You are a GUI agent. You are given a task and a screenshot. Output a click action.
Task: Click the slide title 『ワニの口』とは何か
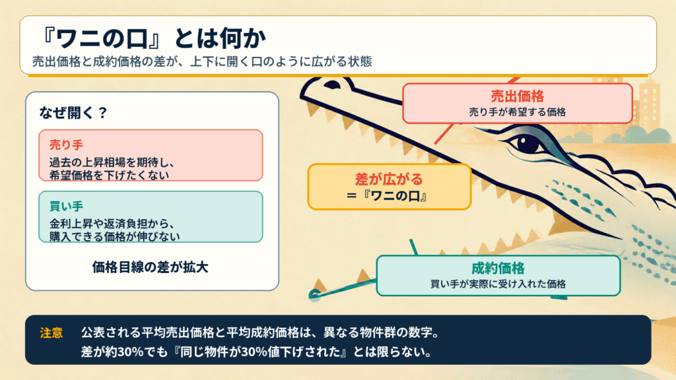click(153, 38)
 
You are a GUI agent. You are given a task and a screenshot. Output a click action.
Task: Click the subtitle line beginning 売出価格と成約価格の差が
click(202, 61)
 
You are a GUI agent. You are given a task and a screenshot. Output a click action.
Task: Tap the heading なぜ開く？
click(73, 113)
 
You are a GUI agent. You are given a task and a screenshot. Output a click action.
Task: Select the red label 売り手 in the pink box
click(66, 144)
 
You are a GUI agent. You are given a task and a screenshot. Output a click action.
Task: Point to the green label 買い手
click(66, 206)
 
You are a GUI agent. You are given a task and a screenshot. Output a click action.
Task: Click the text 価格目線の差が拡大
click(150, 267)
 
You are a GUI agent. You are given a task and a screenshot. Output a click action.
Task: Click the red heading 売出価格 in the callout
click(518, 96)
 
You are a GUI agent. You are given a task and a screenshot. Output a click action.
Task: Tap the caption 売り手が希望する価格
click(518, 112)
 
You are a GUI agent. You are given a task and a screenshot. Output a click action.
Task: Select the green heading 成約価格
click(498, 269)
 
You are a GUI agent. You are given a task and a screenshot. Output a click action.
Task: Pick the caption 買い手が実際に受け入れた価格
click(498, 284)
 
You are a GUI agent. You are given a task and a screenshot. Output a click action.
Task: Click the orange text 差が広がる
click(389, 179)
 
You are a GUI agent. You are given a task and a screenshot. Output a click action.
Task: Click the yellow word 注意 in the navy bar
click(51, 333)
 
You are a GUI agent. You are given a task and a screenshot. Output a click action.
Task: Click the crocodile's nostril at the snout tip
click(332, 84)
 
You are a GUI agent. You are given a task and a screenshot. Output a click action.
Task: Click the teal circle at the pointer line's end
click(315, 295)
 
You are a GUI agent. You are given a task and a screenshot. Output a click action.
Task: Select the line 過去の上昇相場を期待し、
click(112, 163)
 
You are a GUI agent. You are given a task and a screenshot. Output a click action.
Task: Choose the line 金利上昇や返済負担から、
click(112, 224)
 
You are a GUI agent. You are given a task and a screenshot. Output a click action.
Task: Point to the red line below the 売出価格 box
click(444, 133)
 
